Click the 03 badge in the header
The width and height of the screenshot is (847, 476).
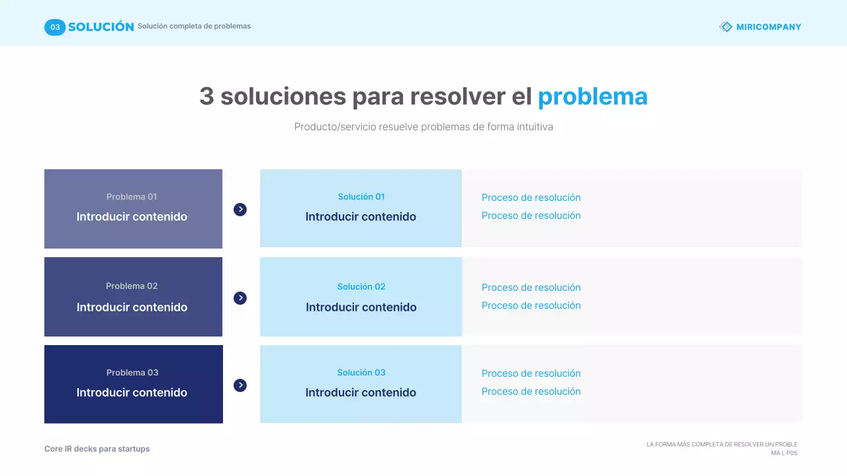[x=55, y=27]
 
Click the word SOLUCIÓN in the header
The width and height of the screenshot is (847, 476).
[x=101, y=27]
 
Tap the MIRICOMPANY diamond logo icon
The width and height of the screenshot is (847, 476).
[x=726, y=27]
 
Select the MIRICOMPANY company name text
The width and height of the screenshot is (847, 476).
[x=769, y=27]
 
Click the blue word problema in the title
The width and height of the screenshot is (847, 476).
[x=592, y=97]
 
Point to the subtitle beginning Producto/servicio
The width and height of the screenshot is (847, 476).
[x=423, y=126]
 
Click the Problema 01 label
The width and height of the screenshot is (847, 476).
[x=132, y=196]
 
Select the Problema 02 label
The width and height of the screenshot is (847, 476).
[x=132, y=286]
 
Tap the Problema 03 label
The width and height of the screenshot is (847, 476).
[x=132, y=372]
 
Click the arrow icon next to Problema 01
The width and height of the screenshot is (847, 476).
[x=240, y=210]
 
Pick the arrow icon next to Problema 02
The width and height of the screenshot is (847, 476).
[x=240, y=298]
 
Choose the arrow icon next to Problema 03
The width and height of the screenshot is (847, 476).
[x=240, y=385]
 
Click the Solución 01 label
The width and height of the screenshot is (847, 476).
[x=361, y=196]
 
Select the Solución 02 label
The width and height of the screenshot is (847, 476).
[x=361, y=286]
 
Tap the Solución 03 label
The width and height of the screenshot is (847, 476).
[x=361, y=372]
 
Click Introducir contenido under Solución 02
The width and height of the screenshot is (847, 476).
[x=361, y=307]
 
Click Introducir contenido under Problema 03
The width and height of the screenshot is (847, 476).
[x=132, y=392]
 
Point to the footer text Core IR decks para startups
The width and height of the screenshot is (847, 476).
[x=97, y=449]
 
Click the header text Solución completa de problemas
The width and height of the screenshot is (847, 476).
[x=194, y=26]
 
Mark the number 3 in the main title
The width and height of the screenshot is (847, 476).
[x=207, y=97]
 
